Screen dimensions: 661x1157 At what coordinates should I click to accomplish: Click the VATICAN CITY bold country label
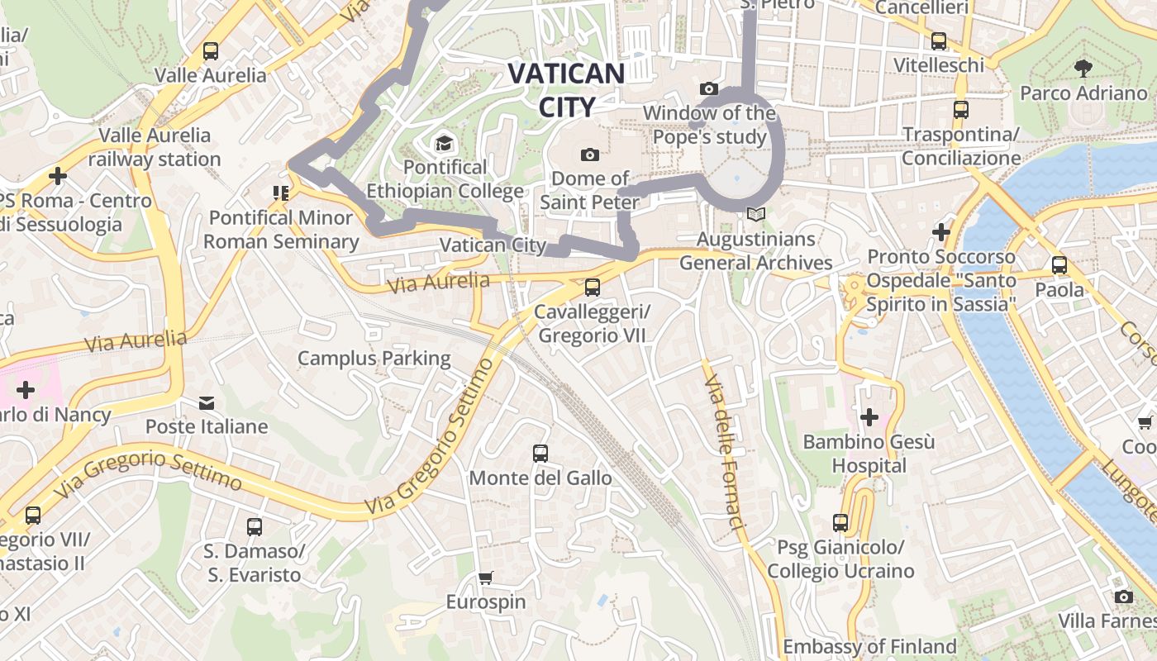click(x=566, y=89)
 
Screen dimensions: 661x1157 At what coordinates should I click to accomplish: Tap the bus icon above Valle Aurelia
click(x=211, y=51)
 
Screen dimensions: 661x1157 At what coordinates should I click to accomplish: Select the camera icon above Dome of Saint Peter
click(x=590, y=155)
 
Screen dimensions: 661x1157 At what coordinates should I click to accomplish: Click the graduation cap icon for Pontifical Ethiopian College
click(x=445, y=144)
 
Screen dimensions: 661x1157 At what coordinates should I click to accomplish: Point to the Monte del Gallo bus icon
click(x=540, y=453)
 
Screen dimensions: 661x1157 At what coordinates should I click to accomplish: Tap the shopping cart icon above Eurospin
click(x=486, y=578)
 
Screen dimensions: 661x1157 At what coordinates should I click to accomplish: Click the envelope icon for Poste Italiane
click(x=207, y=403)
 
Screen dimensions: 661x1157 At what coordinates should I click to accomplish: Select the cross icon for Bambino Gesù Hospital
click(x=869, y=417)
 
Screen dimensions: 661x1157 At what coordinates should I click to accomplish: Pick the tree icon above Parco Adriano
click(x=1083, y=69)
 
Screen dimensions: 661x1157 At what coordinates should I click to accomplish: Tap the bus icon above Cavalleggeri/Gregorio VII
click(x=592, y=288)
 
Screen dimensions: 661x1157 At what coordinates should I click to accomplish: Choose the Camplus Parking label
click(x=374, y=358)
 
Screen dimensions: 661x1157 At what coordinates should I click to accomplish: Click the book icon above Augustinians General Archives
click(x=755, y=214)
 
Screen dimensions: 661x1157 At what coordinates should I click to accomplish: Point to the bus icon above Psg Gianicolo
click(x=840, y=522)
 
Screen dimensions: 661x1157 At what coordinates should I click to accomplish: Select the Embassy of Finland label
click(x=869, y=646)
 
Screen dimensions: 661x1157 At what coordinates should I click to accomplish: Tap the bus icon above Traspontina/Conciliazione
click(x=961, y=109)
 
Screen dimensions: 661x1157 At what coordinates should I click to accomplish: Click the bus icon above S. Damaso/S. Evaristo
click(x=255, y=526)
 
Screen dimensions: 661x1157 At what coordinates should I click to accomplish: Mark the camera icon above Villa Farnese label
click(x=1123, y=597)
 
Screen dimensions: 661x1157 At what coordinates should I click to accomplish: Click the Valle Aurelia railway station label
click(x=155, y=147)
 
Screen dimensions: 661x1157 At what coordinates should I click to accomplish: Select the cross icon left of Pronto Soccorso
click(x=941, y=232)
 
